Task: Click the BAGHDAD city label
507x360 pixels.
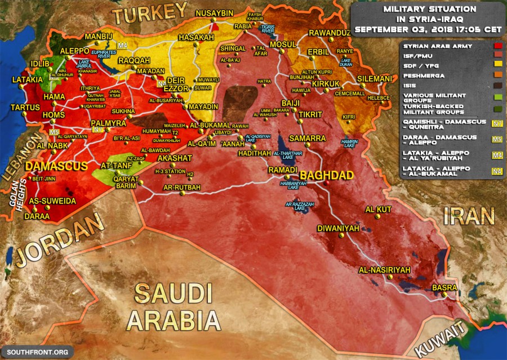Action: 326,175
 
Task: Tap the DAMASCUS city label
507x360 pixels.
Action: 56,166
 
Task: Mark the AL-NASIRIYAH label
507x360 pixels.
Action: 385,270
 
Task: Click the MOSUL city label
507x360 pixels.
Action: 283,44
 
